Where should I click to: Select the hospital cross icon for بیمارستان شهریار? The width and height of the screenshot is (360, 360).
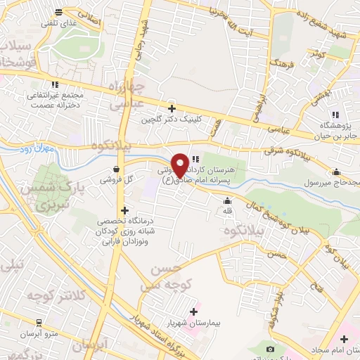pyautogui.click(x=194, y=311)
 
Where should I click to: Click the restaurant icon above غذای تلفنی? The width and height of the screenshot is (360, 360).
pyautogui.click(x=58, y=11)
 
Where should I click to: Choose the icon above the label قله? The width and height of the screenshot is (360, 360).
pyautogui.click(x=226, y=203)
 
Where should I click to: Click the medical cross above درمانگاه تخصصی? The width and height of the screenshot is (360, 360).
pyautogui.click(x=124, y=210)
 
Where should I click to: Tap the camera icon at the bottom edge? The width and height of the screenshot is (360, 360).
pyautogui.click(x=271, y=349)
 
